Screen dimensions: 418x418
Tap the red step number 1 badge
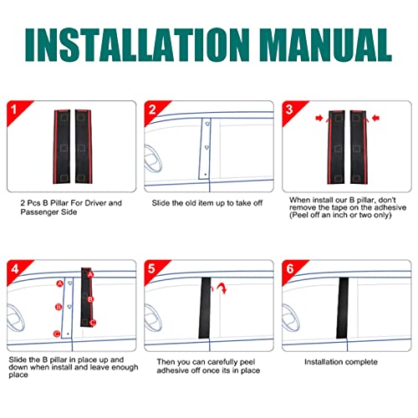12,110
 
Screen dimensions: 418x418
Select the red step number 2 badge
151,110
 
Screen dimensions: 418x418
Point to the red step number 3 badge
289,110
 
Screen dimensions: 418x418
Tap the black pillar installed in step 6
342,308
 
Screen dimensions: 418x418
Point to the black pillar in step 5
203,308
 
